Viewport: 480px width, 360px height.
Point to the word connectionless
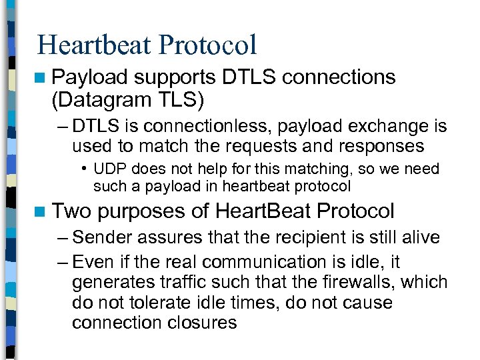tap(199, 127)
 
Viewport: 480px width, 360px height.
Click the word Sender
tap(104, 237)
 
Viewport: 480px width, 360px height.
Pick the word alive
tap(419, 237)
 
